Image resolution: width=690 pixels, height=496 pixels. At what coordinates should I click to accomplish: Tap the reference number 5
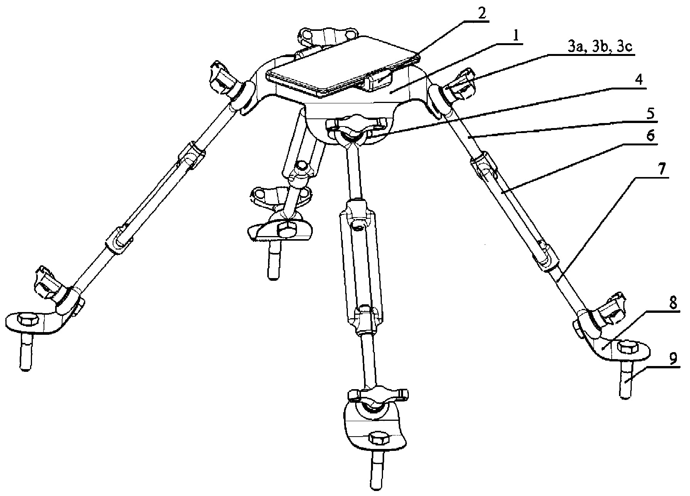pos(650,114)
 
